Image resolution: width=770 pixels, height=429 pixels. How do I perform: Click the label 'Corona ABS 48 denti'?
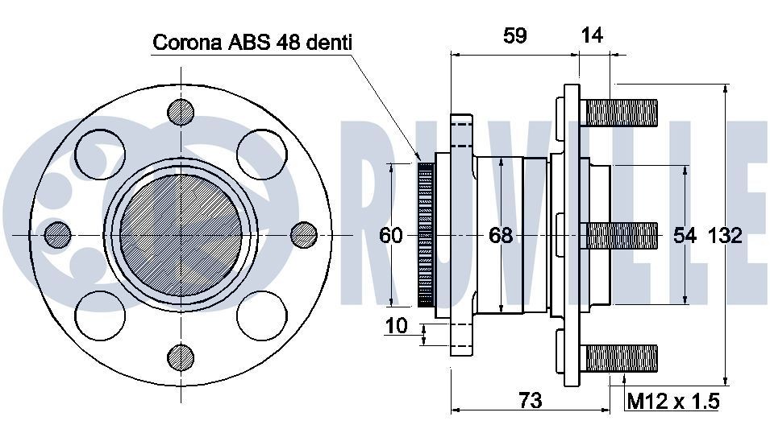point(252,42)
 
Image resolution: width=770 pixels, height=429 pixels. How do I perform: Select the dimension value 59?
point(514,35)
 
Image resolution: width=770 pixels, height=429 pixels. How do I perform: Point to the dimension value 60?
point(391,235)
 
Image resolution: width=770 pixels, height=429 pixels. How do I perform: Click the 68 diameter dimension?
point(501,235)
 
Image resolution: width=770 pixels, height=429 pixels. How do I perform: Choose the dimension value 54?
point(685,235)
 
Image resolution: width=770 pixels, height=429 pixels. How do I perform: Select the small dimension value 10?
point(397,325)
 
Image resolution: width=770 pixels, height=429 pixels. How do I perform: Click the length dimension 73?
point(530,399)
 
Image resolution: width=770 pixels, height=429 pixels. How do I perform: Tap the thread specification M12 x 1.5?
point(672,400)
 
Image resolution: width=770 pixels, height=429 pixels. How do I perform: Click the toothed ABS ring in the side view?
point(426,234)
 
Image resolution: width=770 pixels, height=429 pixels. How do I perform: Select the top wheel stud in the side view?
point(622,111)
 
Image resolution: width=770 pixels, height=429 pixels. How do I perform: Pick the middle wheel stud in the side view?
point(622,234)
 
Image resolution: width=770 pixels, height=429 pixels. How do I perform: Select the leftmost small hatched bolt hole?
point(58,234)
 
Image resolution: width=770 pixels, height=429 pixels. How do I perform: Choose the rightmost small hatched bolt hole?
point(303,234)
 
